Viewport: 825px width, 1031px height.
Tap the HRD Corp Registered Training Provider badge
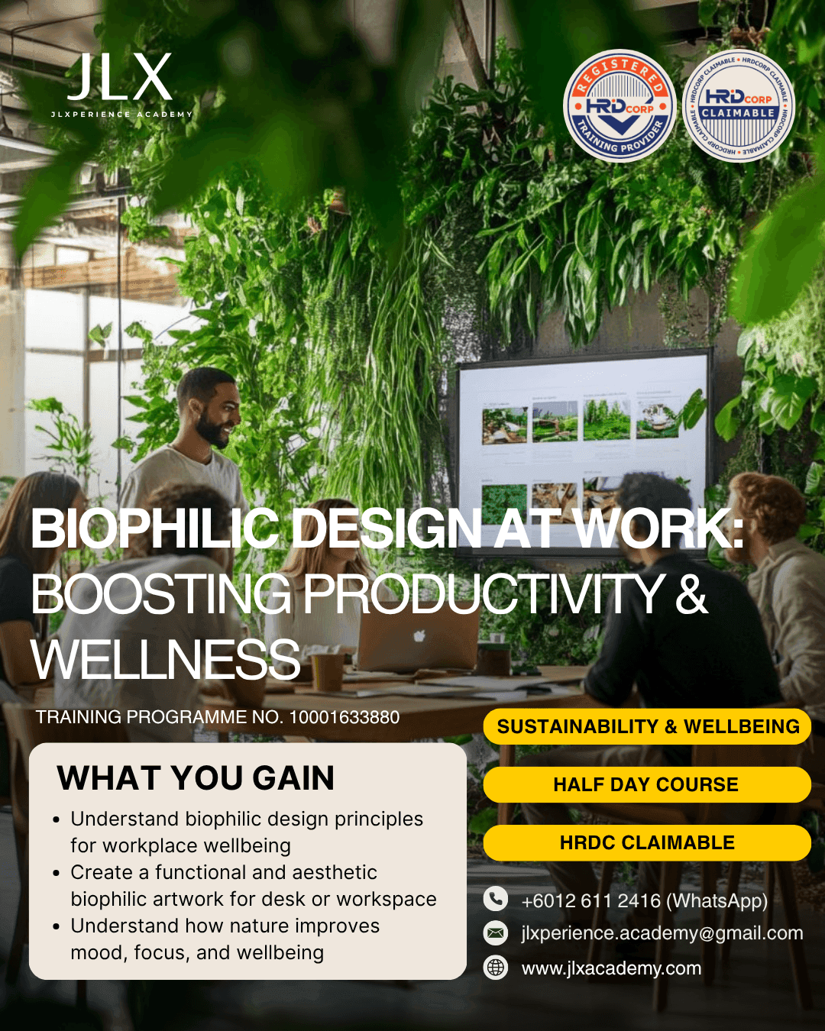(x=620, y=105)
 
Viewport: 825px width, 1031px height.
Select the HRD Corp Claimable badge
(x=738, y=105)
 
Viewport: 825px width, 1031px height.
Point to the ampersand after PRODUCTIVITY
(x=691, y=594)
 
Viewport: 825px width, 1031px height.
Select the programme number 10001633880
(x=344, y=717)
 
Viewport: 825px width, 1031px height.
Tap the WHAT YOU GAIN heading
(x=196, y=778)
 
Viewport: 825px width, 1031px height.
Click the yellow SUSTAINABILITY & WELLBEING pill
(x=647, y=726)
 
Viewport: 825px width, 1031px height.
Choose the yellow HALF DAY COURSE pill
(x=646, y=784)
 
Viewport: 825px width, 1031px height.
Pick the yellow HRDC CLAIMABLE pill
(x=646, y=842)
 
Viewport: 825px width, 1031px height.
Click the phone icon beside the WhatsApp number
(x=496, y=899)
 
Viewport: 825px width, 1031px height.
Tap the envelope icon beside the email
(x=496, y=932)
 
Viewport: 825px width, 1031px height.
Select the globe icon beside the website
(x=496, y=968)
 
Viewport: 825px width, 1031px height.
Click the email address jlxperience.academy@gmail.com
(x=662, y=932)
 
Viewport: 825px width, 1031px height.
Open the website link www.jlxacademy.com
(x=611, y=968)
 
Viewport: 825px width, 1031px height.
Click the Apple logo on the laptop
(x=418, y=635)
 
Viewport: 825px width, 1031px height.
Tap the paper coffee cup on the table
(x=328, y=672)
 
